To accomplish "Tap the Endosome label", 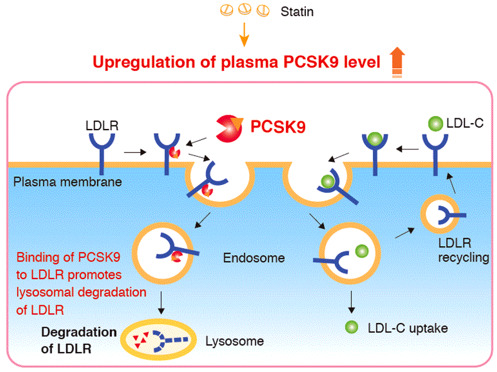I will (x=254, y=258).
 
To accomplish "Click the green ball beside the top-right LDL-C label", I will (x=435, y=125).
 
